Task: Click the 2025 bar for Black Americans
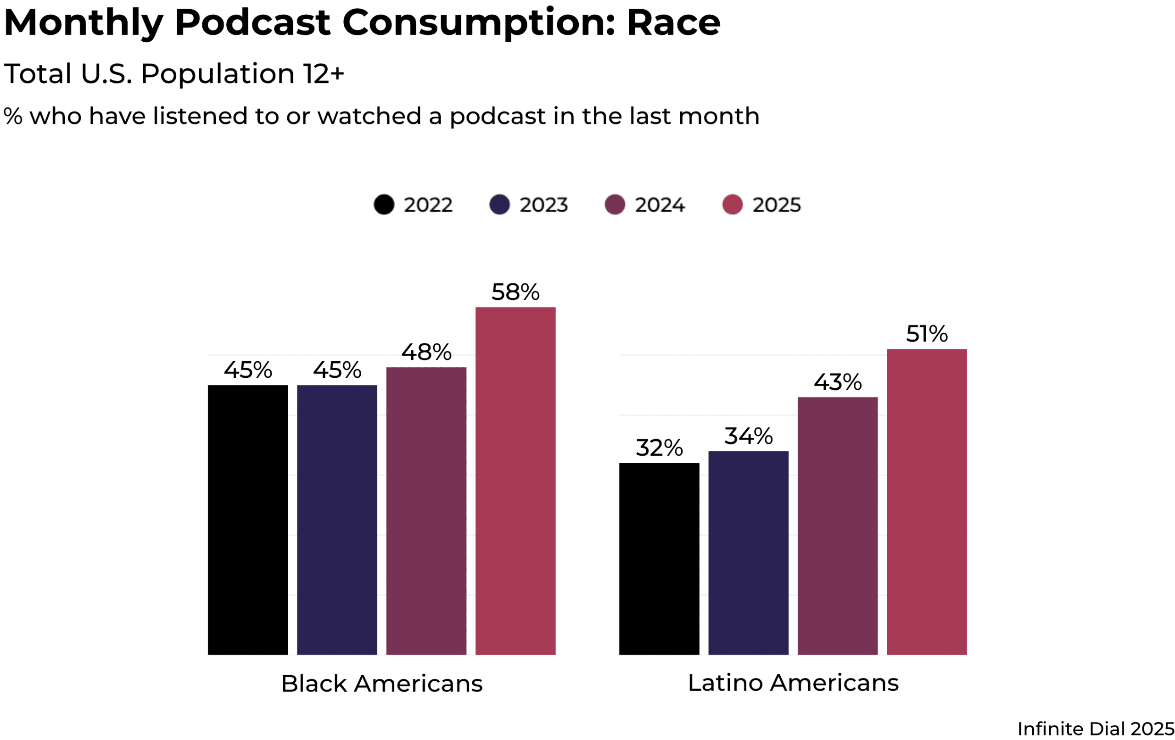[515, 481]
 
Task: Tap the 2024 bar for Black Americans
[426, 510]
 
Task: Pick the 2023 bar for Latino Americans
[748, 553]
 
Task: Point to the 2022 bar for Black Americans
[248, 520]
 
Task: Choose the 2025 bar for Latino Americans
[926, 502]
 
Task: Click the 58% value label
[515, 292]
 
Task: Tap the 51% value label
[927, 334]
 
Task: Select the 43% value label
[837, 382]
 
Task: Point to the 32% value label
[659, 448]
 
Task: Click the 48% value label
[426, 353]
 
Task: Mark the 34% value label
[748, 437]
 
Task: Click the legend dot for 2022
[384, 205]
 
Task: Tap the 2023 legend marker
[499, 205]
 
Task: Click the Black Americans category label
[381, 684]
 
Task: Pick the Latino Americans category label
[793, 683]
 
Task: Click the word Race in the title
[673, 22]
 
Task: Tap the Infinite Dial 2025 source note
[1096, 729]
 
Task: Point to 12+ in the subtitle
[323, 74]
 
